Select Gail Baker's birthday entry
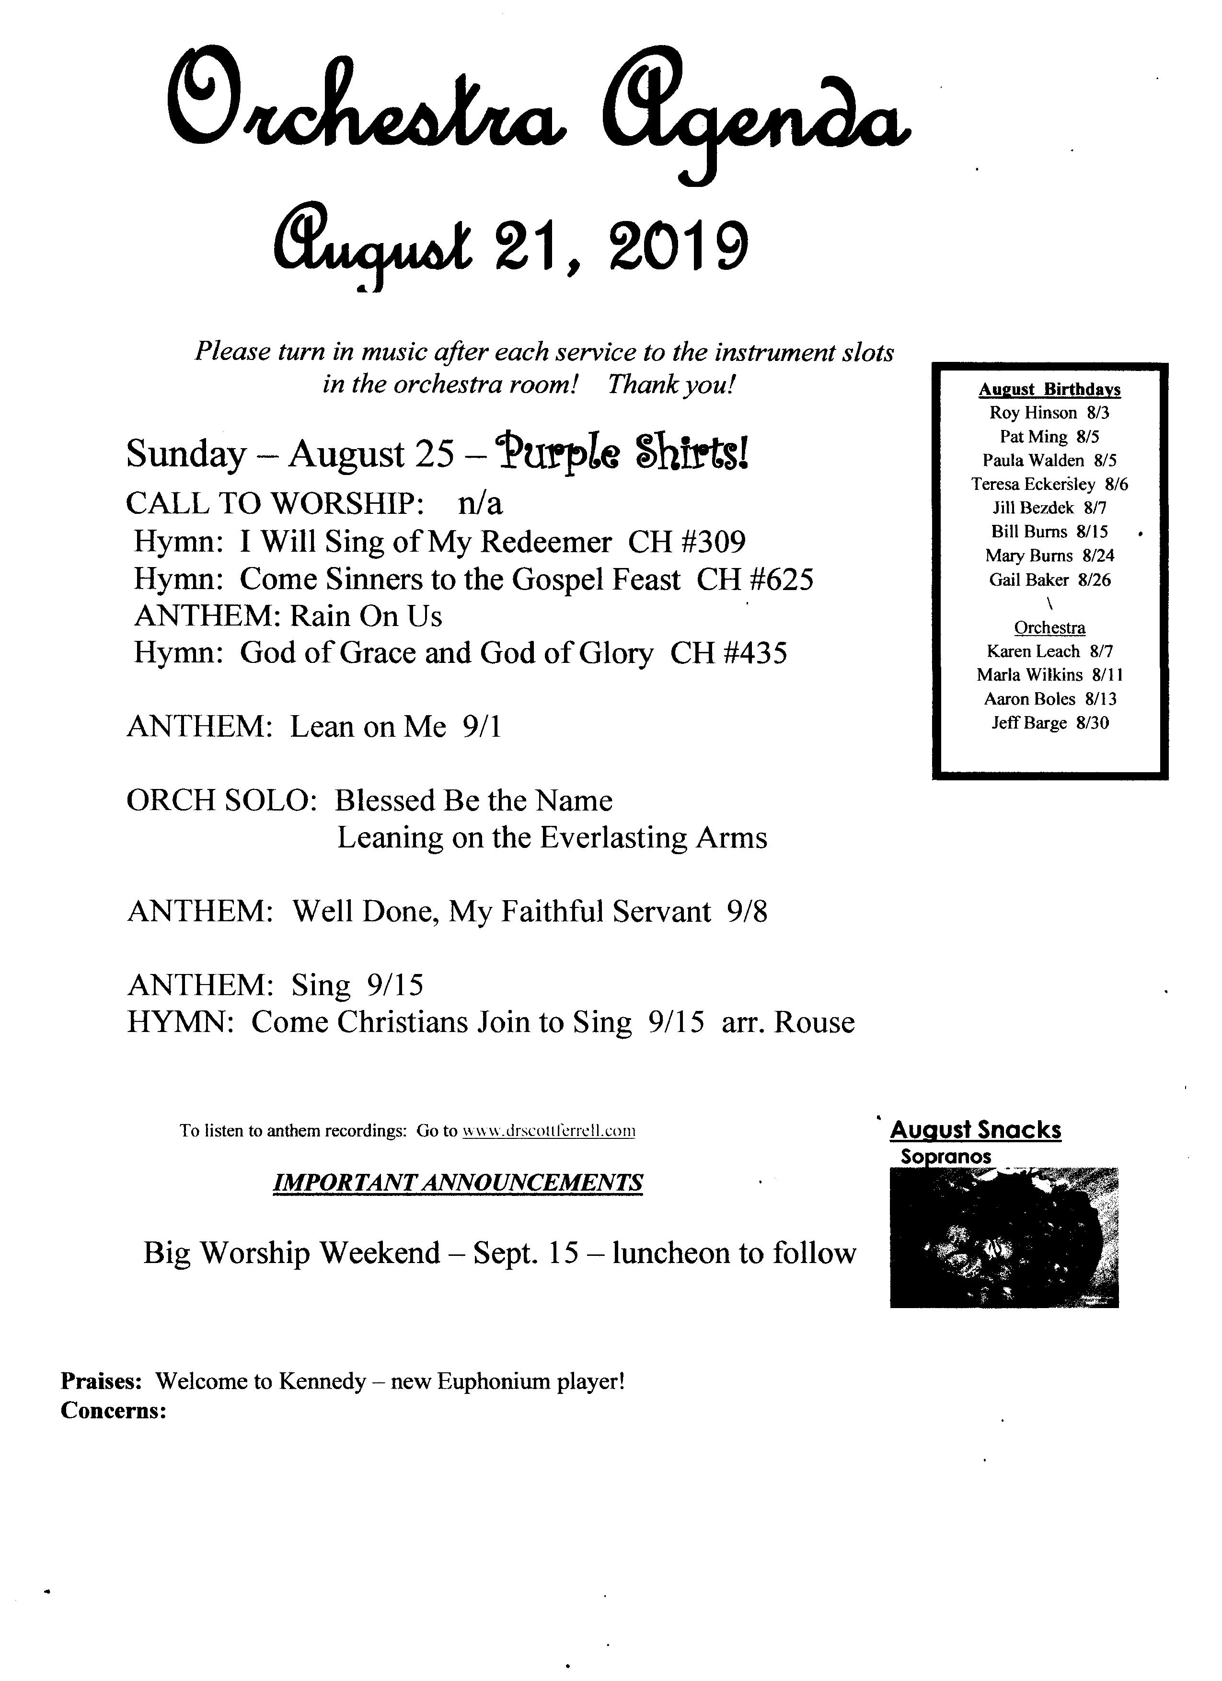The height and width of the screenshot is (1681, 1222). coord(1049,580)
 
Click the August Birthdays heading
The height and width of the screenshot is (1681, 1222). coord(1049,390)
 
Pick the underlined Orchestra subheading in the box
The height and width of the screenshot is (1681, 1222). coord(1049,628)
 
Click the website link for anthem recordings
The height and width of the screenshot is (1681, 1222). coord(548,1131)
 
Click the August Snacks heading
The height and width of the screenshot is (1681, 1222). coord(975,1130)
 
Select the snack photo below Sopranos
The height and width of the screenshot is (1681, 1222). coord(1003,1238)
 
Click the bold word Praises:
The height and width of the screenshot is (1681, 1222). coord(101,1381)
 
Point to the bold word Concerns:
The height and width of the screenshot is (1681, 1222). coord(113,1411)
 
